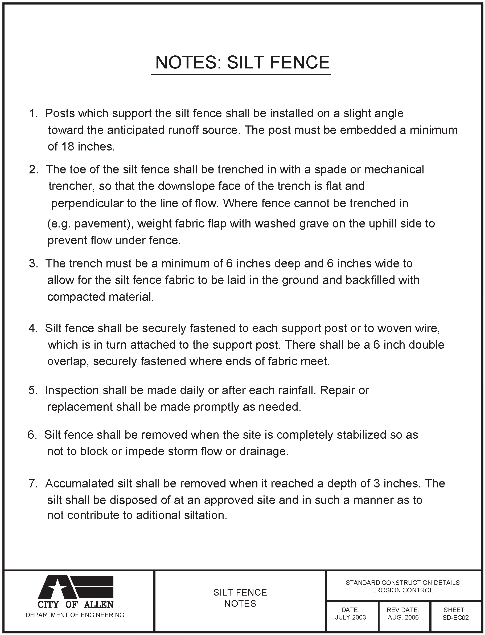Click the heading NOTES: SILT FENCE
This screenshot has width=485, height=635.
click(x=242, y=62)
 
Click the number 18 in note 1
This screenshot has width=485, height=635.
click(x=68, y=147)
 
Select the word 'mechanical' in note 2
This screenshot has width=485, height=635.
click(x=394, y=170)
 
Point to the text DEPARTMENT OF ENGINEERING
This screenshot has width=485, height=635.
click(x=75, y=615)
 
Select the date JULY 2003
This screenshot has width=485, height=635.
click(x=351, y=617)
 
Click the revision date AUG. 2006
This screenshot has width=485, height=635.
click(x=403, y=617)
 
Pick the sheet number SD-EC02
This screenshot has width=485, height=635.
click(x=455, y=617)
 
